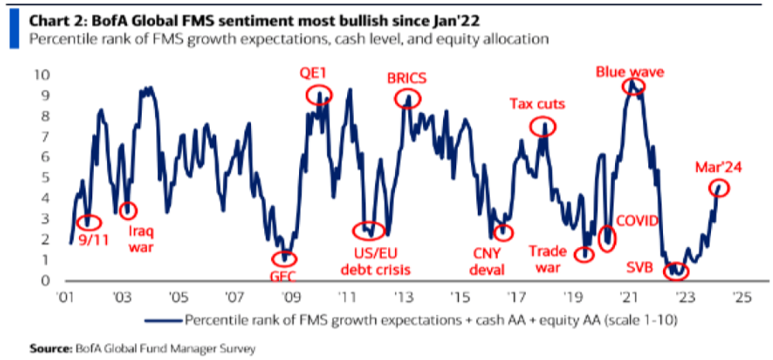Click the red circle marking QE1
tap(319, 95)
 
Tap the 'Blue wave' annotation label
tap(630, 72)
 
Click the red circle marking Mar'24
tap(720, 188)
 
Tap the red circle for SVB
tap(675, 270)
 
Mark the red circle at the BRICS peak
tap(407, 98)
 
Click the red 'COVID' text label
tap(636, 221)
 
